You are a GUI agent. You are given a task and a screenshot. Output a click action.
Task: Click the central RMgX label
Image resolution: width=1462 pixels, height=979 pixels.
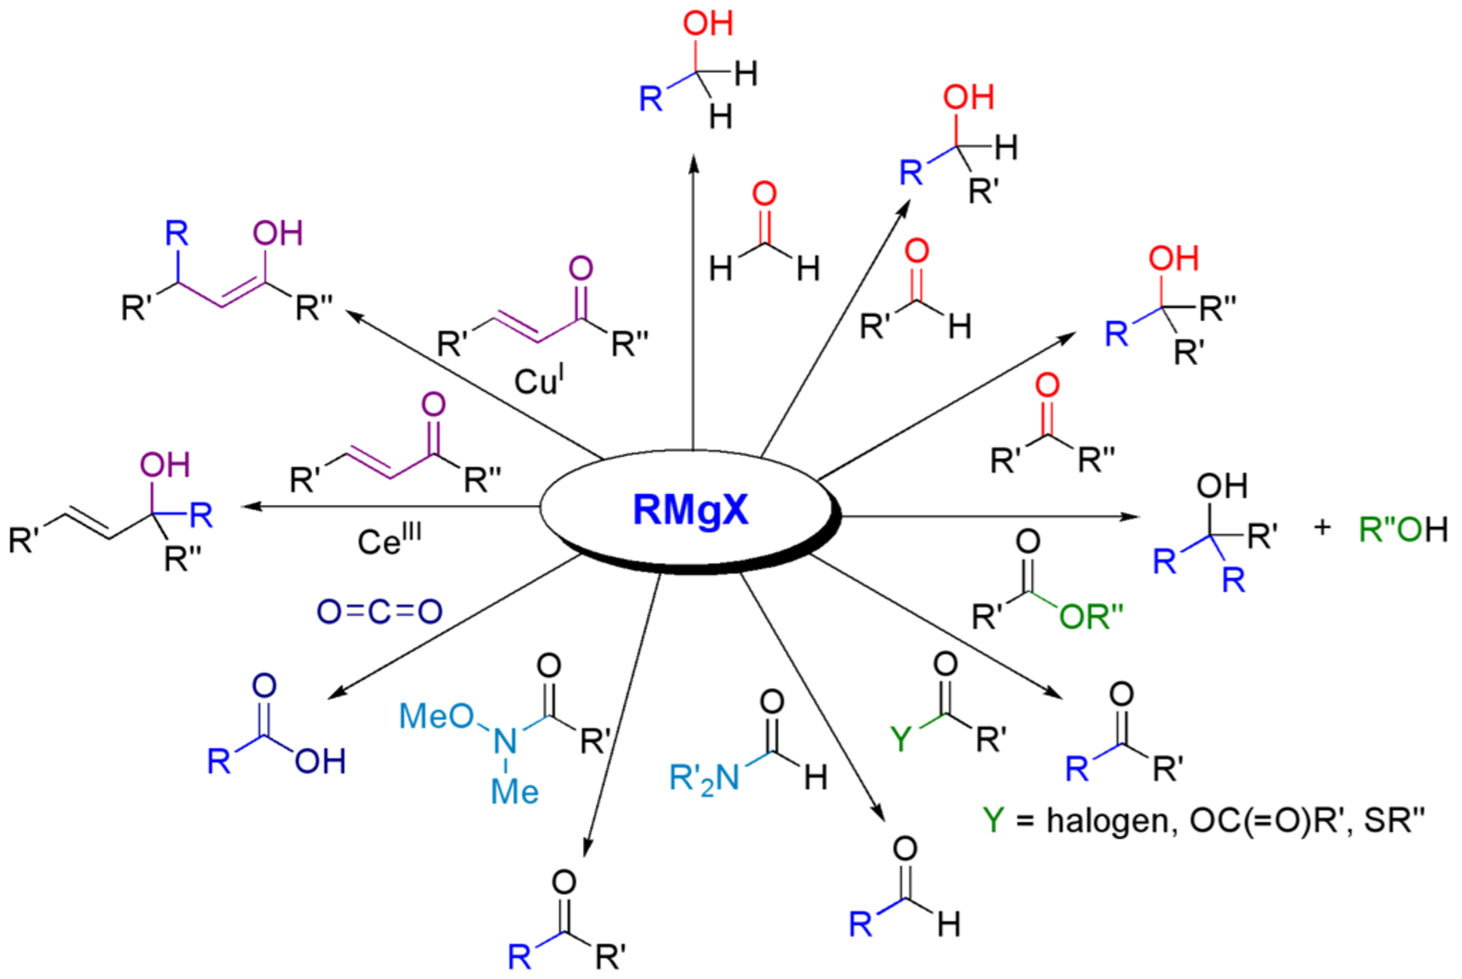(x=690, y=510)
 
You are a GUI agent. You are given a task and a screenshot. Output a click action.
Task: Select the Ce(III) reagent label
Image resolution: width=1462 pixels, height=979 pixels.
(x=389, y=540)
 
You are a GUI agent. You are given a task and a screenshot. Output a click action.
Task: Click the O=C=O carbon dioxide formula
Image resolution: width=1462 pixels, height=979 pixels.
(x=379, y=611)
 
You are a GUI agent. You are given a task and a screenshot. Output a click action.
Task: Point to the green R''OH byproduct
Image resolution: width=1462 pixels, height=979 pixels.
(x=1403, y=529)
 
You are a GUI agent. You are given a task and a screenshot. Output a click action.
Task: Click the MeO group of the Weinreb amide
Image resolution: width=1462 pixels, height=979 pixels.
(x=436, y=715)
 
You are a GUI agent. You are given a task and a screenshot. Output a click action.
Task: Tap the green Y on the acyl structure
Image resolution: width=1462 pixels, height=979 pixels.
(x=902, y=739)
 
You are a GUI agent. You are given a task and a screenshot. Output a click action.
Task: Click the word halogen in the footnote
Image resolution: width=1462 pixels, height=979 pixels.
(x=1106, y=820)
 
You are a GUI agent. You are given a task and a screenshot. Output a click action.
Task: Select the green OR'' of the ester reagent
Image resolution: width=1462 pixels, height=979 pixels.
(x=1091, y=617)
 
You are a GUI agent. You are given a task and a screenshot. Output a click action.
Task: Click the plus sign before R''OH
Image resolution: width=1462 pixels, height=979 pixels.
(x=1323, y=527)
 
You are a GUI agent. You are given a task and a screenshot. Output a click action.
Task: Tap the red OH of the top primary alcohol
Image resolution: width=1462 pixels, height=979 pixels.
(x=708, y=23)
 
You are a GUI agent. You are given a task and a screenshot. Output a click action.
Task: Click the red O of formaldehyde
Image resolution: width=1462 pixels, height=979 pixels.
(x=764, y=194)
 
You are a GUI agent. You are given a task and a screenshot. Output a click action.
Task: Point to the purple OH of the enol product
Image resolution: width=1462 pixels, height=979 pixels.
(x=277, y=233)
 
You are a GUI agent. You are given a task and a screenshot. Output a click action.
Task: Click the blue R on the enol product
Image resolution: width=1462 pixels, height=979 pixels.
(x=177, y=233)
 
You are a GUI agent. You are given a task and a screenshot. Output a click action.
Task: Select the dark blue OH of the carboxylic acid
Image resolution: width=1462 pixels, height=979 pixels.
(x=320, y=760)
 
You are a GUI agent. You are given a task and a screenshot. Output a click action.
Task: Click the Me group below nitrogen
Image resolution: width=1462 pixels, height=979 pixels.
(x=515, y=792)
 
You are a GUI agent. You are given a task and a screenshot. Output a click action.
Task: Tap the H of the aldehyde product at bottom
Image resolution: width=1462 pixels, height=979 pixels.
(x=949, y=924)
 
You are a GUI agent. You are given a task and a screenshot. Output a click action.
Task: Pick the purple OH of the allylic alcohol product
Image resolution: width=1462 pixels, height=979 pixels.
(x=165, y=465)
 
